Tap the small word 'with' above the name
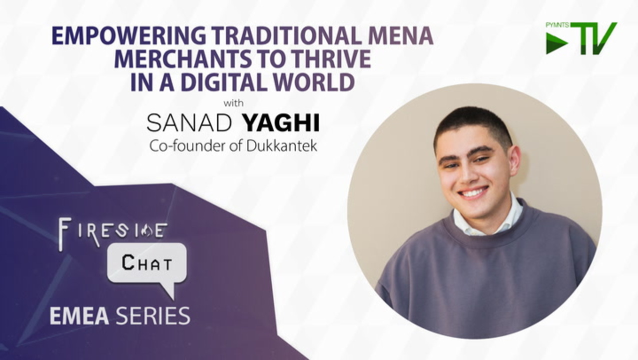[x=233, y=103]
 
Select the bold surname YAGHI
[x=281, y=123]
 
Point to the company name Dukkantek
[x=282, y=146]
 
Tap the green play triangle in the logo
[x=557, y=43]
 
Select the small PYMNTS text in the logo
[x=557, y=25]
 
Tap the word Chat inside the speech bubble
[x=147, y=262]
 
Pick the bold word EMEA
[x=79, y=316]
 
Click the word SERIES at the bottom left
[x=153, y=316]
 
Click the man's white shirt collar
[x=488, y=219]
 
